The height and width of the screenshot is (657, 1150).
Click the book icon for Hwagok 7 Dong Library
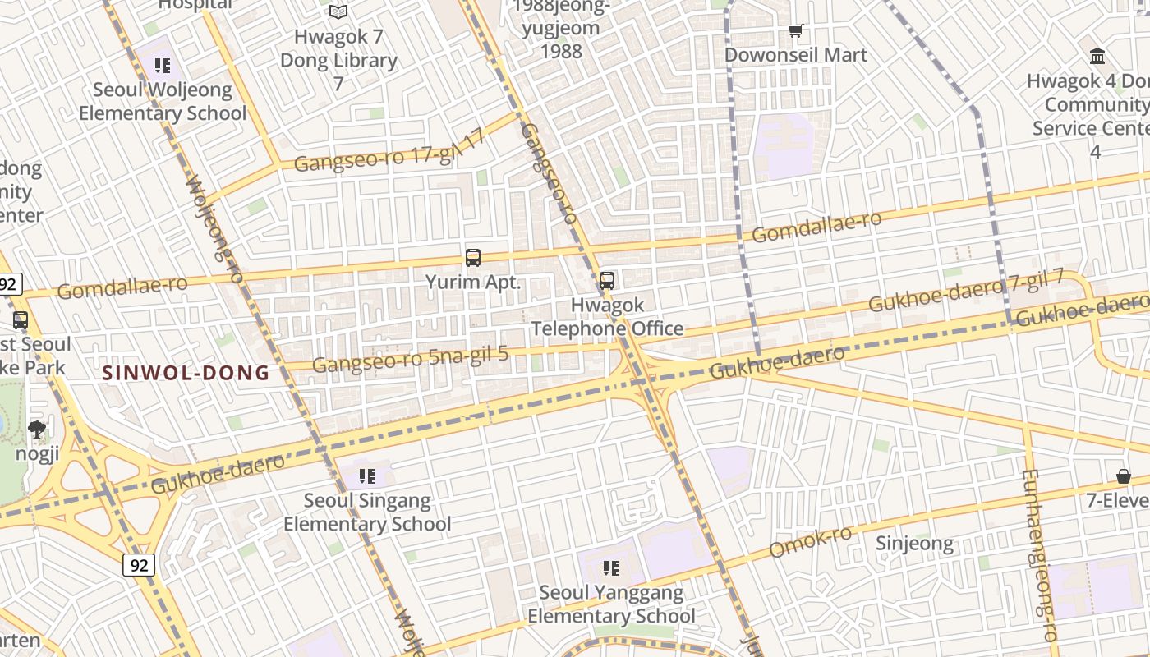[x=338, y=11]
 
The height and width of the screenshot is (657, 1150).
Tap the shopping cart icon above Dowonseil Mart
[x=795, y=31]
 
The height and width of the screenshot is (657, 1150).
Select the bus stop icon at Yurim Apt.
[x=473, y=257]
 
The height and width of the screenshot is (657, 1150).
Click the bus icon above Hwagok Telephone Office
[x=607, y=280]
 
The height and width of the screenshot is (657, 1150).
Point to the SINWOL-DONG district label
[x=186, y=374]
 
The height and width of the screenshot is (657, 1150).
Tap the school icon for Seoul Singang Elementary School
[x=367, y=476]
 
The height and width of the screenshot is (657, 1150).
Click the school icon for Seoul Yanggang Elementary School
[x=610, y=567]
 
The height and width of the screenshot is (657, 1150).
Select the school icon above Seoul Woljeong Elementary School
[x=163, y=66]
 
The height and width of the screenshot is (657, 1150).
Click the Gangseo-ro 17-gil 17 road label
[x=389, y=151]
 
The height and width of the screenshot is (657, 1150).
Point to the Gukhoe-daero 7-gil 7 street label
[x=966, y=290]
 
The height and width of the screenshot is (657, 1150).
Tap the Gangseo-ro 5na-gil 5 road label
[x=411, y=357]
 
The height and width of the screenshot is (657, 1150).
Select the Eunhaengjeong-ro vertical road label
[x=1039, y=555]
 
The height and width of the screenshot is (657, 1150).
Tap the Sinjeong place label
[x=914, y=544]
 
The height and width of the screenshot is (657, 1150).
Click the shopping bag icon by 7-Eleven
[x=1124, y=476]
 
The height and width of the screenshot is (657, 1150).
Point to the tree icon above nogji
[x=37, y=428]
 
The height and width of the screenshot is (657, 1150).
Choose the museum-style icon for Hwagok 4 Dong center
[x=1097, y=57]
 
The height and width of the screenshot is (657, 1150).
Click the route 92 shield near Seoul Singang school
[x=140, y=565]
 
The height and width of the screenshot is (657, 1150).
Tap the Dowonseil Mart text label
[x=795, y=55]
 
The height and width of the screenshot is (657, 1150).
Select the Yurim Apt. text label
[x=473, y=283]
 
